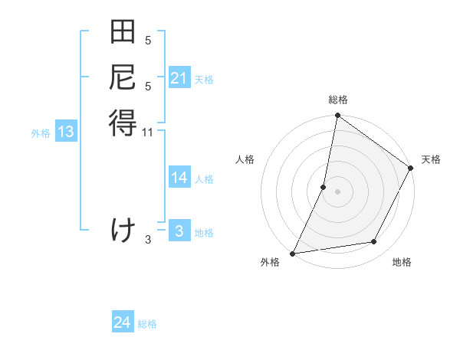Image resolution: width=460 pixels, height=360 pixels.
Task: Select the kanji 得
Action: pyautogui.click(x=123, y=123)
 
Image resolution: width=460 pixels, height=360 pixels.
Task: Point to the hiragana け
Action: pyautogui.click(x=123, y=230)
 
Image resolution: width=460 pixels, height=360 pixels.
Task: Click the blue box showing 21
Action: pyautogui.click(x=179, y=79)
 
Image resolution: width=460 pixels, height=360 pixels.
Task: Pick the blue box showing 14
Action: pyautogui.click(x=179, y=178)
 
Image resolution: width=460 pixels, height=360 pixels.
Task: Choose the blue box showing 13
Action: pyautogui.click(x=66, y=132)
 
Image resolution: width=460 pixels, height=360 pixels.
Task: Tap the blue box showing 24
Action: pyautogui.click(x=123, y=322)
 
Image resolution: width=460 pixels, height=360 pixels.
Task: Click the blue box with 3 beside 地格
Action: pyautogui.click(x=179, y=232)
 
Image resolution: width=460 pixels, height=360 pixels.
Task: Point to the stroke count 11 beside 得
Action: pyautogui.click(x=148, y=133)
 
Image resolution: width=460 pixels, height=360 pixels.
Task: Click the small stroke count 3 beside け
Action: pyautogui.click(x=148, y=240)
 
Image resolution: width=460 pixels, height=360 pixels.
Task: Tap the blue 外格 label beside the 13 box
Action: pyautogui.click(x=41, y=133)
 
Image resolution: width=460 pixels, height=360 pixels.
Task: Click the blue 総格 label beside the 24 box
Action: pyautogui.click(x=148, y=324)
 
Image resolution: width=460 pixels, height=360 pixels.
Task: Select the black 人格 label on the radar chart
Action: pyautogui.click(x=245, y=159)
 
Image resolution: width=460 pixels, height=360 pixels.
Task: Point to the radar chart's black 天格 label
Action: pyautogui.click(x=431, y=159)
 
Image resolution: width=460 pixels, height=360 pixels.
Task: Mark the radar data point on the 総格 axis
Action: pyautogui.click(x=337, y=116)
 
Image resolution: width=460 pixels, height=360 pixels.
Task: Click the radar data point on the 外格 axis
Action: pyautogui.click(x=293, y=253)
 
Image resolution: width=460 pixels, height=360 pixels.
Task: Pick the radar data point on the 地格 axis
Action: pyautogui.click(x=374, y=242)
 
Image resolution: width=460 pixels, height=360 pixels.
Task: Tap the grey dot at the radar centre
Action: pyautogui.click(x=337, y=191)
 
